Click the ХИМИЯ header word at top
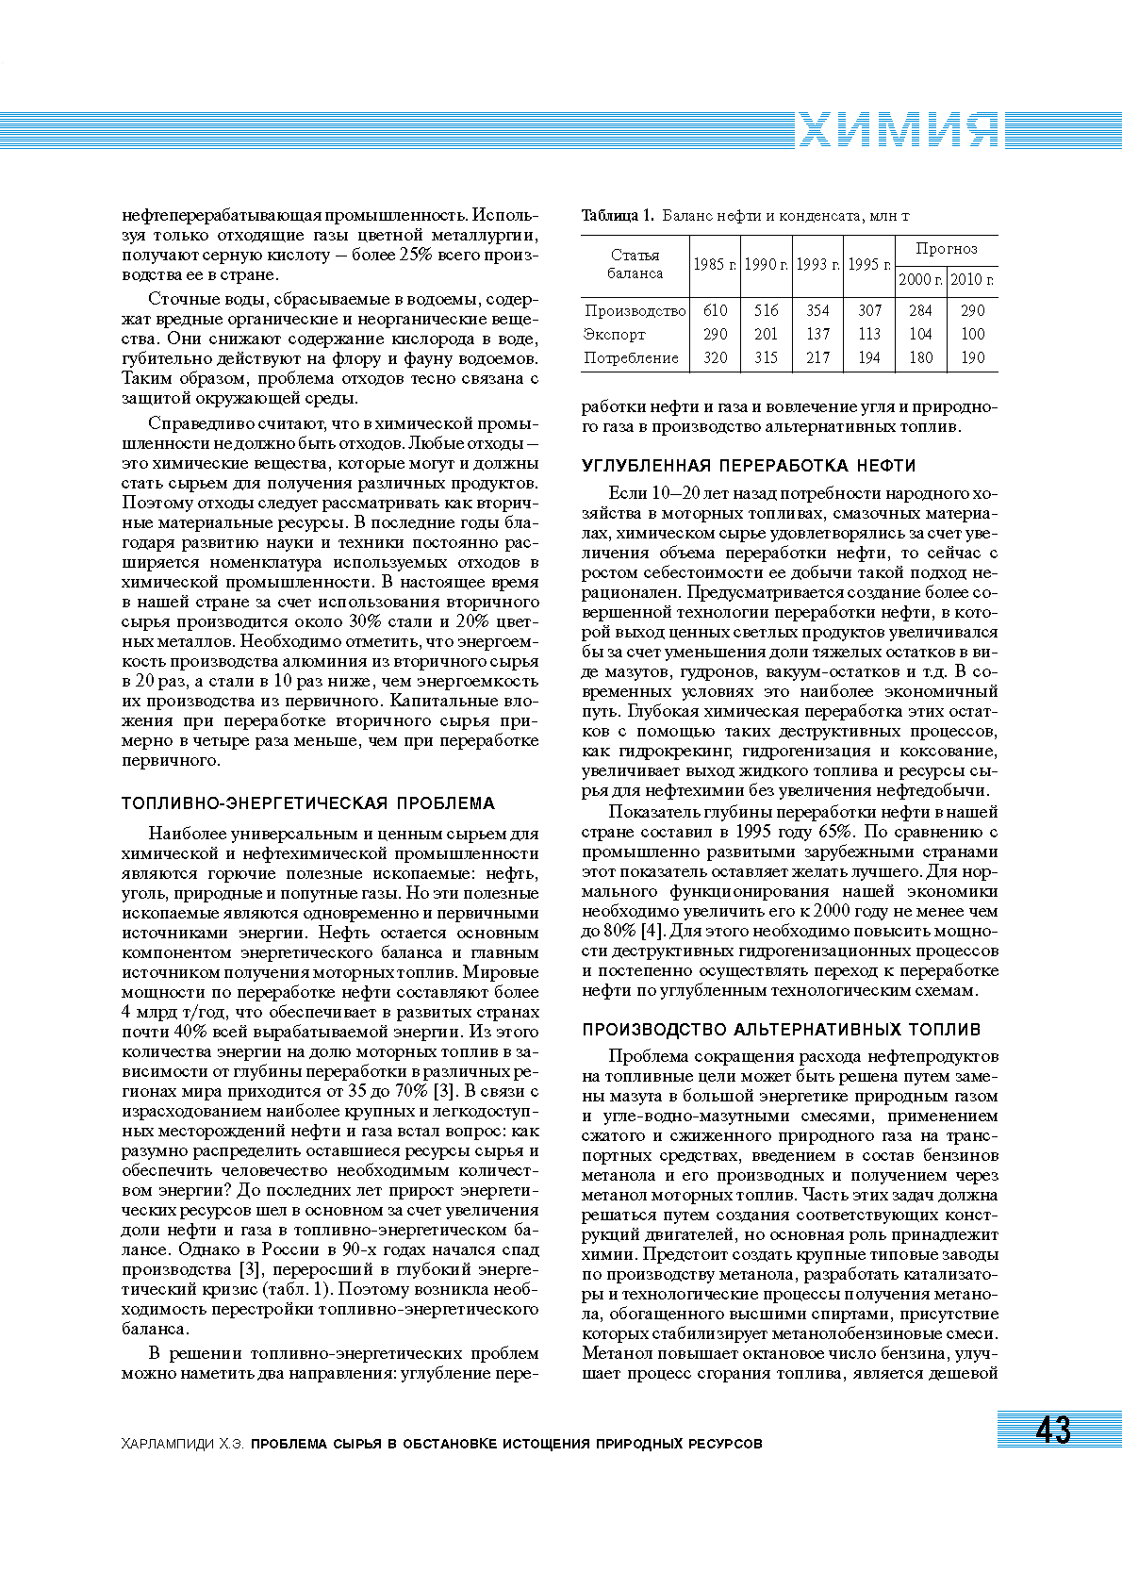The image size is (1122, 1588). click(x=898, y=130)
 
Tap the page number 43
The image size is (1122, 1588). click(x=1053, y=1430)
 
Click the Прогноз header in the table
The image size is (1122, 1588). click(x=946, y=249)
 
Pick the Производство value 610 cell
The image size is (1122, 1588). click(x=715, y=310)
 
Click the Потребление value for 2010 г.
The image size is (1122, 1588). click(x=972, y=357)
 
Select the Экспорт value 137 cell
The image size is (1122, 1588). click(x=817, y=334)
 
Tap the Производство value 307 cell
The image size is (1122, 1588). click(x=869, y=310)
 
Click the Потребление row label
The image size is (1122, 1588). click(x=631, y=357)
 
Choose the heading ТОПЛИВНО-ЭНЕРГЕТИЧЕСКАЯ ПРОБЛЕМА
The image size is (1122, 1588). click(x=308, y=803)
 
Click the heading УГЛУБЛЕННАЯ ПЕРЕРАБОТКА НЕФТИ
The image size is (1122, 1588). click(x=749, y=466)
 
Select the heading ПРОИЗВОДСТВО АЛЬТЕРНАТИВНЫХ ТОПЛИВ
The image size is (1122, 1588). click(x=781, y=1030)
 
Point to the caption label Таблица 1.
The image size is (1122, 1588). click(x=618, y=216)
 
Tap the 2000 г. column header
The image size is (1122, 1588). click(x=920, y=280)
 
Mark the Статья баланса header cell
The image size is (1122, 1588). click(x=635, y=264)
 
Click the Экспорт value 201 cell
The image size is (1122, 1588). click(x=766, y=334)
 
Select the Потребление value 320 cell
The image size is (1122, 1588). click(x=715, y=357)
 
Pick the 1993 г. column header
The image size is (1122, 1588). click(x=817, y=265)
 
